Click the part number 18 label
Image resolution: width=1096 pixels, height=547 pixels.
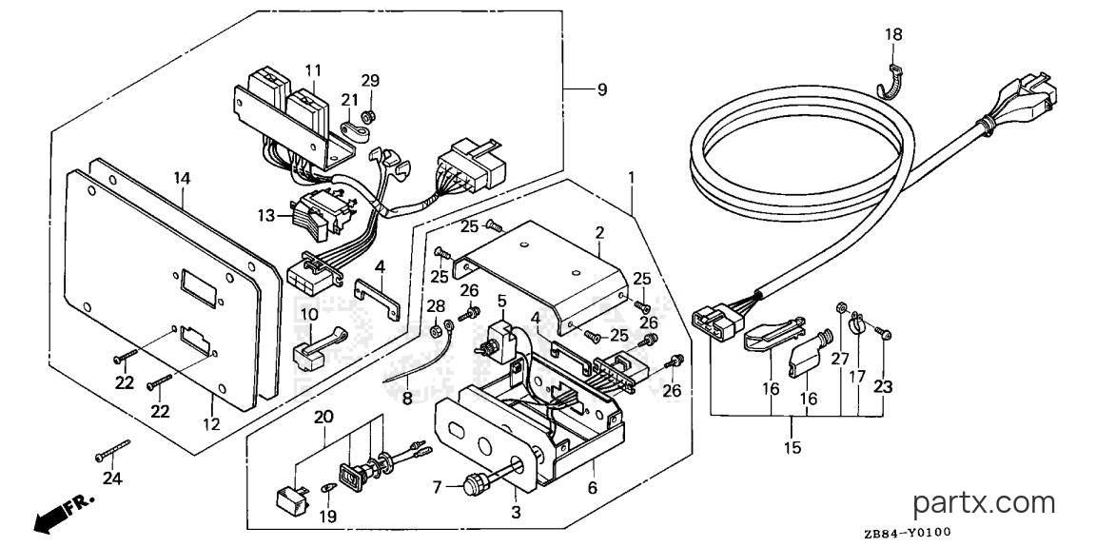[893, 35]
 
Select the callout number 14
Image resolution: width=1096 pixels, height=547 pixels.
[182, 179]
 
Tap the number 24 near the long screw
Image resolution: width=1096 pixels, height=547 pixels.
[112, 479]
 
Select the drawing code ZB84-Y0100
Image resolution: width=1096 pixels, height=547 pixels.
[907, 534]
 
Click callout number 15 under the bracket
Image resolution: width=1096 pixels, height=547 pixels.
[793, 447]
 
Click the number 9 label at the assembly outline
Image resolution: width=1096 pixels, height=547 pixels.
[602, 89]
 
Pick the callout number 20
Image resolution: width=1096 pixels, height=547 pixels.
[323, 417]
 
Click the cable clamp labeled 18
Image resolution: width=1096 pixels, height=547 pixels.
[890, 81]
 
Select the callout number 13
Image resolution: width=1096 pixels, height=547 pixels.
[266, 216]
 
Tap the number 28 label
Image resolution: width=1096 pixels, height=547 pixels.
[436, 306]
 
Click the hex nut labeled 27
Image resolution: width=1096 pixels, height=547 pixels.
[842, 306]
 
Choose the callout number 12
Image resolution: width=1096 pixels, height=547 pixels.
[211, 424]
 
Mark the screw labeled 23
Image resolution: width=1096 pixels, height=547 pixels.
[883, 335]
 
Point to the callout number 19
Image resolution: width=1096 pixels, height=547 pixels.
[328, 517]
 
